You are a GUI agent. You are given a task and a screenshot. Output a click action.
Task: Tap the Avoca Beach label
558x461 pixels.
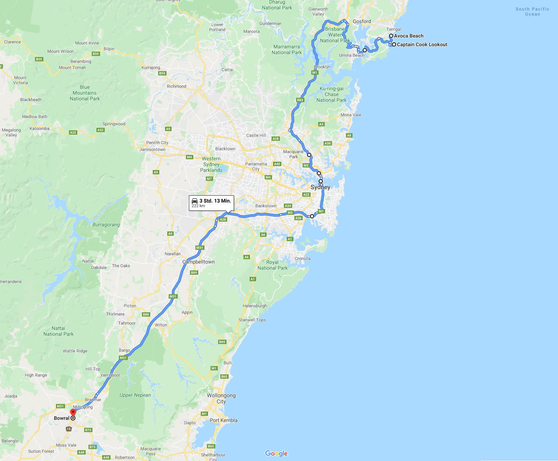[x=408, y=36]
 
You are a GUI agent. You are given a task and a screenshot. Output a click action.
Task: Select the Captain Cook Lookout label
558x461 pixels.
[x=422, y=44]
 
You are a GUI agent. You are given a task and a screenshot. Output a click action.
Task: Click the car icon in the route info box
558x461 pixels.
[x=195, y=201]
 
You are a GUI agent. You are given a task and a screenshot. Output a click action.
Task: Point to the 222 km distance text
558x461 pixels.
[x=198, y=206]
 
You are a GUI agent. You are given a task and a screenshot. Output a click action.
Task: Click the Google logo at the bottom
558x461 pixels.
[x=276, y=453]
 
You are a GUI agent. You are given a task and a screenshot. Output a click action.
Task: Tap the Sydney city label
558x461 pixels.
[x=320, y=187]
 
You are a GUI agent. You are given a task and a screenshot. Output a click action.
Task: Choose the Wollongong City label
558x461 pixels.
[x=221, y=398]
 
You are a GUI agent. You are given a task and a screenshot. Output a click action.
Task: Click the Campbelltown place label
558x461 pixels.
[x=198, y=262]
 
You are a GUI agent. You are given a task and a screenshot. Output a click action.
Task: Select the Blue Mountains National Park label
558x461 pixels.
[x=85, y=93]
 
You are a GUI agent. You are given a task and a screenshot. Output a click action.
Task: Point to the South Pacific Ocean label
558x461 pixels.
[x=532, y=12]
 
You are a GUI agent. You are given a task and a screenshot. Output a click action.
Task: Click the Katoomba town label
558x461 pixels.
[x=39, y=129]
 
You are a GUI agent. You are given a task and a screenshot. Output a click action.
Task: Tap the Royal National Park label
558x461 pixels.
[x=272, y=265]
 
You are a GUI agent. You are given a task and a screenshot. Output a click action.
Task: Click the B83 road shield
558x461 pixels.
[x=300, y=100]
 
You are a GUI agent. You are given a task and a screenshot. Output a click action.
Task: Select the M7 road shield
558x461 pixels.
[x=209, y=179]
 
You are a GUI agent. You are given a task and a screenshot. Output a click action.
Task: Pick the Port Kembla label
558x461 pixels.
[x=224, y=420]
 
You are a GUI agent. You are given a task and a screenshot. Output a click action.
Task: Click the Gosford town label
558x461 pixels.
[x=362, y=21]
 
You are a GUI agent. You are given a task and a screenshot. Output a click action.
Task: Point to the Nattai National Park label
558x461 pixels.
[x=59, y=331]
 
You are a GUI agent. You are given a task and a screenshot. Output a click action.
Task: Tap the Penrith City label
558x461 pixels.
[x=157, y=143]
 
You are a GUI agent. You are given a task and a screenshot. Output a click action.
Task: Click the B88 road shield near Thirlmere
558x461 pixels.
[x=146, y=314]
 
